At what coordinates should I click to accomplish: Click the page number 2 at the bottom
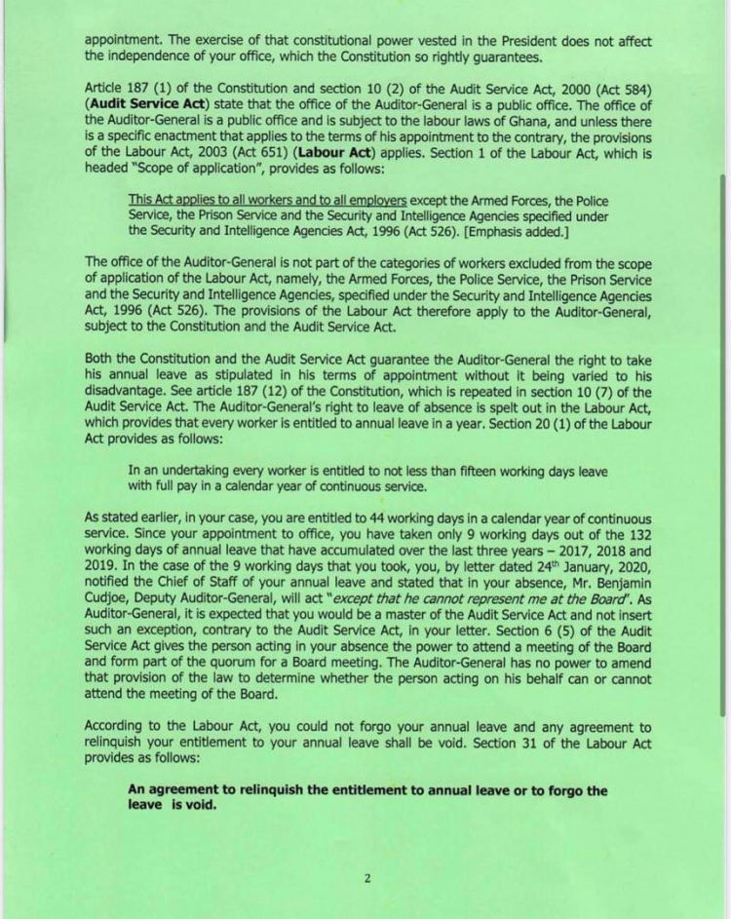367,877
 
